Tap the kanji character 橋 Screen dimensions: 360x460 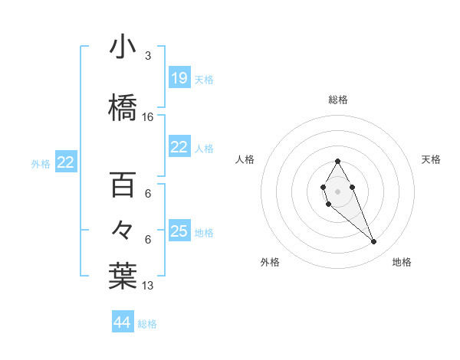pyautogui.click(x=123, y=106)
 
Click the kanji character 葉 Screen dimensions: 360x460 pyautogui.click(x=123, y=275)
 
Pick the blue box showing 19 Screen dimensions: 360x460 pyautogui.click(x=179, y=78)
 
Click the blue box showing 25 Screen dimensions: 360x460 pyautogui.click(x=179, y=231)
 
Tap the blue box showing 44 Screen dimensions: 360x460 pyautogui.click(x=123, y=322)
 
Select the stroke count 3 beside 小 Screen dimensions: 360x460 pyautogui.click(x=148, y=56)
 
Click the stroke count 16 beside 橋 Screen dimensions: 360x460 pyautogui.click(x=148, y=117)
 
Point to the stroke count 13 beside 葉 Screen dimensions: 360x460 pyautogui.click(x=148, y=286)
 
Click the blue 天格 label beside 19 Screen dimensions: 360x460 pyautogui.click(x=204, y=79)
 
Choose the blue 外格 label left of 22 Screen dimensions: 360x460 pyautogui.click(x=41, y=163)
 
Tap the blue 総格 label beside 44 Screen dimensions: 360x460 pyautogui.click(x=147, y=324)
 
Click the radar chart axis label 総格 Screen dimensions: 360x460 pyautogui.click(x=338, y=100)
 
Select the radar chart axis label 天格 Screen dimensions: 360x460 pyautogui.click(x=432, y=159)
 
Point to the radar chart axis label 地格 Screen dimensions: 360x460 pyautogui.click(x=402, y=262)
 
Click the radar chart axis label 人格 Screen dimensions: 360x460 pyautogui.click(x=245, y=159)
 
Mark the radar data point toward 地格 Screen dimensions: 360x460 pyautogui.click(x=373, y=242)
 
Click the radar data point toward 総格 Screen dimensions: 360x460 pyautogui.click(x=337, y=161)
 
